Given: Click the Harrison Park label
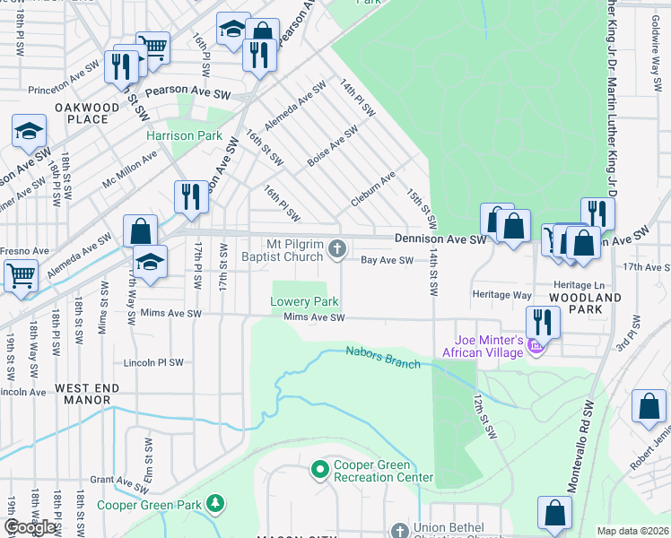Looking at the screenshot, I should coord(184,136).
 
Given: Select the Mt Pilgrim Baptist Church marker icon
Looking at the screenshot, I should coord(336,248).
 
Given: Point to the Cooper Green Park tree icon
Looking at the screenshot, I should coord(215,505).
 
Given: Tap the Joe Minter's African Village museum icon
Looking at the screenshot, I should coord(536,346).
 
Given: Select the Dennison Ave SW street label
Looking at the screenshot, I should coord(440,239).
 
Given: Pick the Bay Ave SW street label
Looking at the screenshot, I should coord(387,261).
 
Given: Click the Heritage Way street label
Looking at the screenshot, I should coord(501,294).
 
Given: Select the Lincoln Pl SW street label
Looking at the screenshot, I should coord(152,363).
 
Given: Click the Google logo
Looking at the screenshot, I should coord(30,527).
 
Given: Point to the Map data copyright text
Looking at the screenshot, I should coord(632,531).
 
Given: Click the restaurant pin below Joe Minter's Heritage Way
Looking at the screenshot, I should coord(543,321).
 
